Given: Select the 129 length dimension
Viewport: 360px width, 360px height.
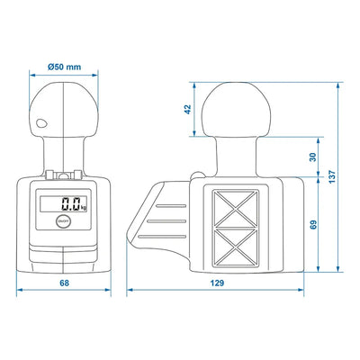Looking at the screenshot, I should (218, 283).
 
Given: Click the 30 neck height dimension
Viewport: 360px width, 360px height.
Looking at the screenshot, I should (312, 157).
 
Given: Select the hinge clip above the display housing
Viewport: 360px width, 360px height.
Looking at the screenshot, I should (64, 175).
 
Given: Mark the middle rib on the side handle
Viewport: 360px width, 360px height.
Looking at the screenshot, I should (172, 219).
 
